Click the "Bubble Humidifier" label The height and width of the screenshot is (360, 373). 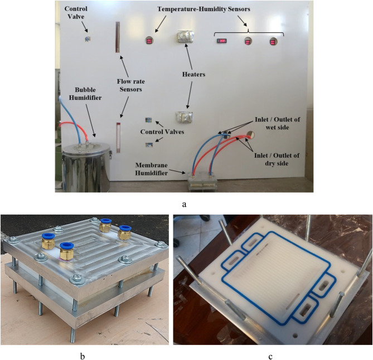85,94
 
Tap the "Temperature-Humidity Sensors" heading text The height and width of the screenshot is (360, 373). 204,9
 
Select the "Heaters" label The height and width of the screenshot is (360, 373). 193,75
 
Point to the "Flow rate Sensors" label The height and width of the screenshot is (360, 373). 130,85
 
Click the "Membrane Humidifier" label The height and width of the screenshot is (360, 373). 152,169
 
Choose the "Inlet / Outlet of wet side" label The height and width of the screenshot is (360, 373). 277,123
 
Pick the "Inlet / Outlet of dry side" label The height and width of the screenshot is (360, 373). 277,159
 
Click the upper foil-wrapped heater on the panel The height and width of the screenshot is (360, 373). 185,37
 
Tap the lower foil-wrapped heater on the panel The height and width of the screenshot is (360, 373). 184,117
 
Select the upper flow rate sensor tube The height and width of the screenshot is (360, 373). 118,37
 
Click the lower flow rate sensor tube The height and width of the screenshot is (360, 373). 118,138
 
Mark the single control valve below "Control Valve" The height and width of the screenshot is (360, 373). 88,39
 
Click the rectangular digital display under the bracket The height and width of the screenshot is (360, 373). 222,41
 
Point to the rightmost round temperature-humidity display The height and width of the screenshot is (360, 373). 273,42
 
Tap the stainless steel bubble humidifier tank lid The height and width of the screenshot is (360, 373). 86,148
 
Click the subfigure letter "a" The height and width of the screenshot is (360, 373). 184,204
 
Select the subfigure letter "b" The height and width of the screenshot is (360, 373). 83,356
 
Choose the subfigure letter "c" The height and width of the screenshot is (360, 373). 270,357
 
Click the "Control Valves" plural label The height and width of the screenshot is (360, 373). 162,132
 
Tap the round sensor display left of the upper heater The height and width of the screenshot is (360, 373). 149,41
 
